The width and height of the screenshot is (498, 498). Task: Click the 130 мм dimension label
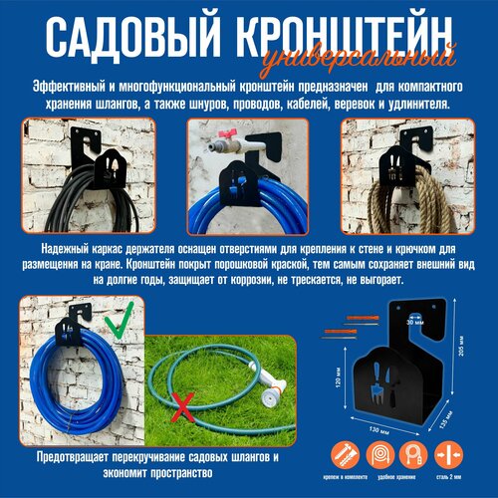coord(377,430)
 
